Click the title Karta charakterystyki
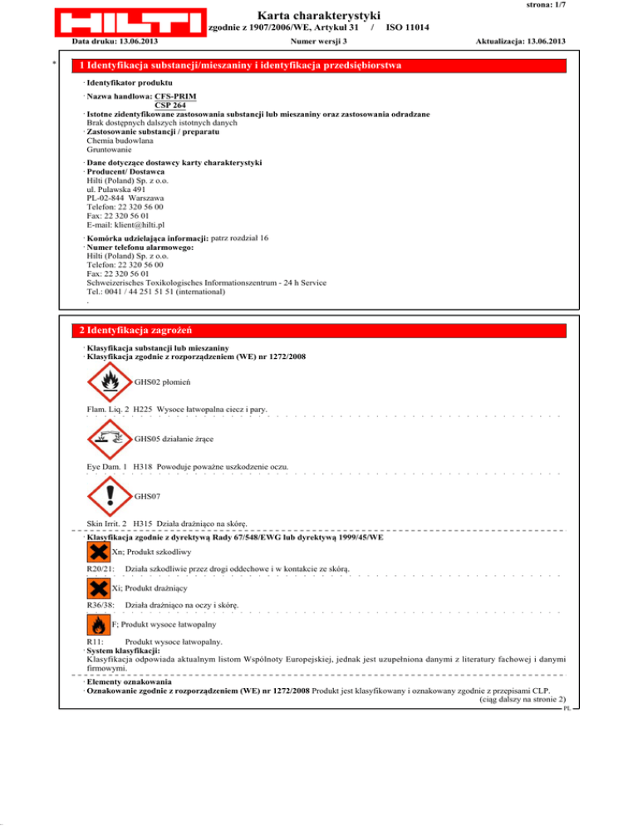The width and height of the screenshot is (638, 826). tap(319, 16)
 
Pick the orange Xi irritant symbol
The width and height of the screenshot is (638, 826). tap(98, 588)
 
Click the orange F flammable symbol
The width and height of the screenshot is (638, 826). tap(98, 623)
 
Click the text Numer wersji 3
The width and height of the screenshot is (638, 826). tap(319, 41)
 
